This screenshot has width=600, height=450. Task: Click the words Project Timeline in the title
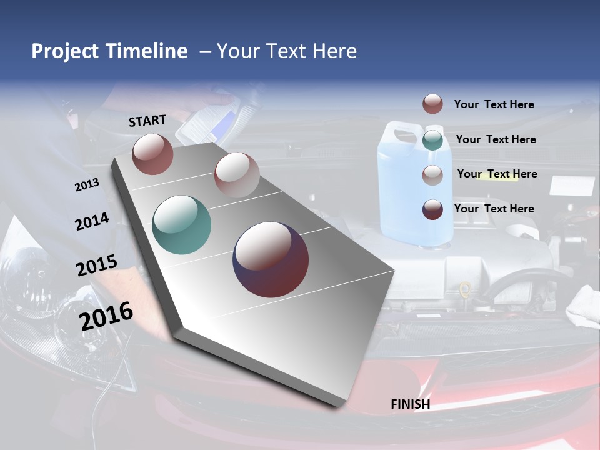click(109, 51)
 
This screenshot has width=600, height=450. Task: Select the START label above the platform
click(147, 121)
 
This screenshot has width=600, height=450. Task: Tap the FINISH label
click(410, 404)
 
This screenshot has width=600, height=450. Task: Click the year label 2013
click(87, 185)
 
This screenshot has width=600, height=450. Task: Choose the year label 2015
click(96, 266)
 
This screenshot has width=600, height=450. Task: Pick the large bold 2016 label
click(106, 316)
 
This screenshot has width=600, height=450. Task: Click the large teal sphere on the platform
click(181, 225)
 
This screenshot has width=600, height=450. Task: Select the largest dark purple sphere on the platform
click(271, 259)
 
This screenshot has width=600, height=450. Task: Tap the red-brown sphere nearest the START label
click(152, 154)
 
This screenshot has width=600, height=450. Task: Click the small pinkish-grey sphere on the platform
click(237, 175)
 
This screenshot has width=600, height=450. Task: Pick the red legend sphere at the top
click(432, 104)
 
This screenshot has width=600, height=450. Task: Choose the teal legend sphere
click(432, 140)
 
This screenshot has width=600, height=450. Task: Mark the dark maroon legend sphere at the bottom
click(432, 209)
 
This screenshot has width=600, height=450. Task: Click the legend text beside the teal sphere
click(496, 139)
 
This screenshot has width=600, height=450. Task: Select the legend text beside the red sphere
click(494, 104)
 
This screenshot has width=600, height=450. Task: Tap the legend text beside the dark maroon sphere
click(494, 209)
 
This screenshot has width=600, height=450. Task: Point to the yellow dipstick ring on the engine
click(464, 289)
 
